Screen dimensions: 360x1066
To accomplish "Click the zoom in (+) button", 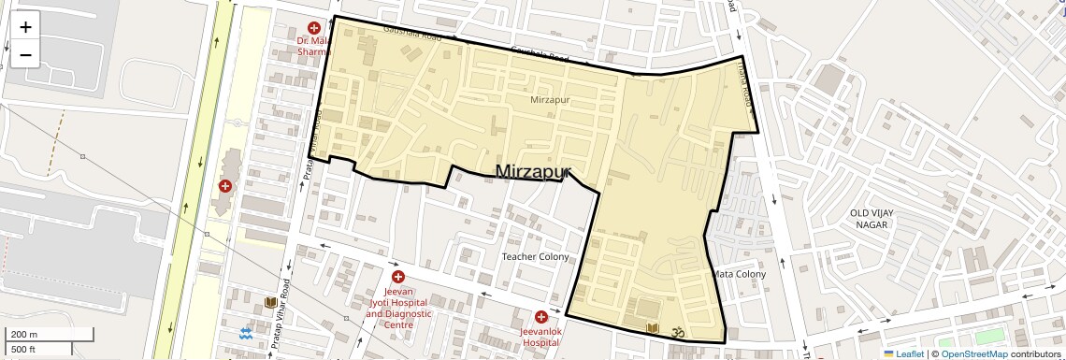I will point(25,27).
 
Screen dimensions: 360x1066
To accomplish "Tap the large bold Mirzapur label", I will point(532,171).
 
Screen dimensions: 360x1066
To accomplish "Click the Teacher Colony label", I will point(535,256).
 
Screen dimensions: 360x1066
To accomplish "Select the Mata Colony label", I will point(739,274).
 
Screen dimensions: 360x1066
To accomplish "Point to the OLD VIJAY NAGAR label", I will point(872,219).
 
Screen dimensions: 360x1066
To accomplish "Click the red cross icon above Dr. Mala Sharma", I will point(314,29).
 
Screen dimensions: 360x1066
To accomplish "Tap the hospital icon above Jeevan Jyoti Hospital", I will point(398,277).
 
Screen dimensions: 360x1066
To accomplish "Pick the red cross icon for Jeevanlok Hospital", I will point(540,317).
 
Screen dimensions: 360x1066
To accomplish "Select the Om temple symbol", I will point(680,329).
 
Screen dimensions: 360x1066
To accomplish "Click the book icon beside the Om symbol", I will point(653,328).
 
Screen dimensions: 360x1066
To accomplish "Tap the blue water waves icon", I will point(246,333).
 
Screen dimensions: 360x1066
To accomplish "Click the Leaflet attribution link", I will point(903,353).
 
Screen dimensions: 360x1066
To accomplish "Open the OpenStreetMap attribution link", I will point(973,353).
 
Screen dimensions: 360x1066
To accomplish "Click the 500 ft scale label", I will point(23,349).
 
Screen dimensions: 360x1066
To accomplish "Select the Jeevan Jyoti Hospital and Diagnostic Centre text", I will point(398,303).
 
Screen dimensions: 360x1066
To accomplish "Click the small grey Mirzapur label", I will point(550,99).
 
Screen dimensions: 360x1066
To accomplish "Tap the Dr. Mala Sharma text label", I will point(314,47).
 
